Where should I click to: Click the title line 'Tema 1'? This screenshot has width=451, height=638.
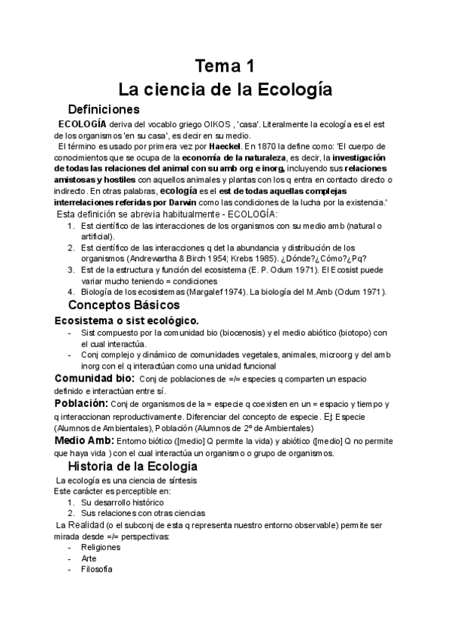[225, 64]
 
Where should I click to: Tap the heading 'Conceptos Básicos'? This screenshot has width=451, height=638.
[134, 305]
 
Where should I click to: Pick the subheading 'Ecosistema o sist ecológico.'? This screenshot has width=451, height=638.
[126, 321]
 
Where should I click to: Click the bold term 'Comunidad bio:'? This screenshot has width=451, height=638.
[95, 378]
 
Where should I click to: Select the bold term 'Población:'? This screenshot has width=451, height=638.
[82, 404]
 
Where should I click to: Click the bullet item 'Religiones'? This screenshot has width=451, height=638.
[100, 548]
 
